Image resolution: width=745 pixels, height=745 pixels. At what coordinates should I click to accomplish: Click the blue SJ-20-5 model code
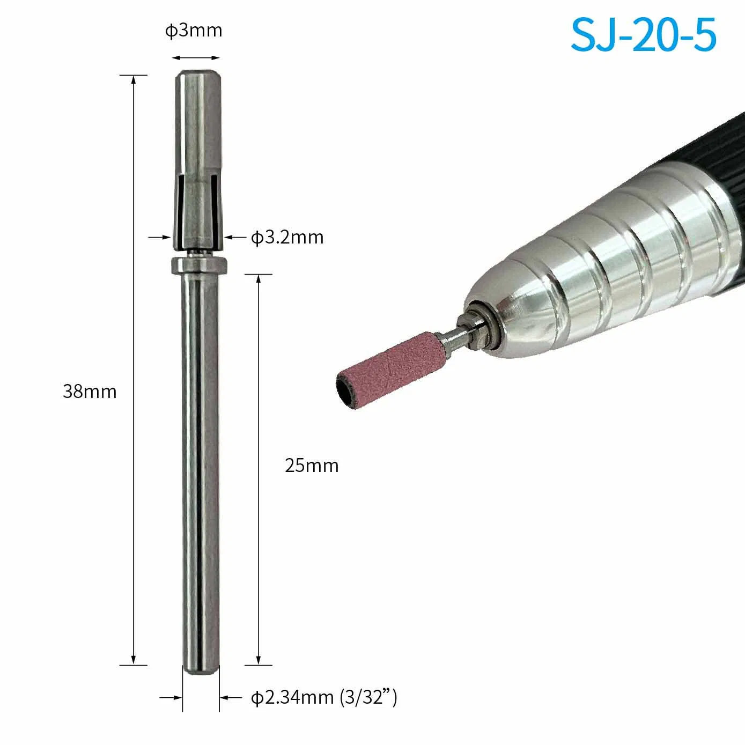pos(643,35)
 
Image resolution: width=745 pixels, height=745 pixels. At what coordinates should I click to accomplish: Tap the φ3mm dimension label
pos(194,31)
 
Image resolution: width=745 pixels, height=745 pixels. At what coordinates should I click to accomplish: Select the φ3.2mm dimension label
pos(287,237)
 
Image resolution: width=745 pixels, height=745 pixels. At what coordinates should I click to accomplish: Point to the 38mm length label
pos(90,391)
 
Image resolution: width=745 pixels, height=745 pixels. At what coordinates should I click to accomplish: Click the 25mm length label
pos(312,465)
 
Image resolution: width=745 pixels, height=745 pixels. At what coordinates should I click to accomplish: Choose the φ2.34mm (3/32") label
pos(324,698)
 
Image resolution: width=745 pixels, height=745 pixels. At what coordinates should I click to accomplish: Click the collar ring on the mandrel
pos(199,264)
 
